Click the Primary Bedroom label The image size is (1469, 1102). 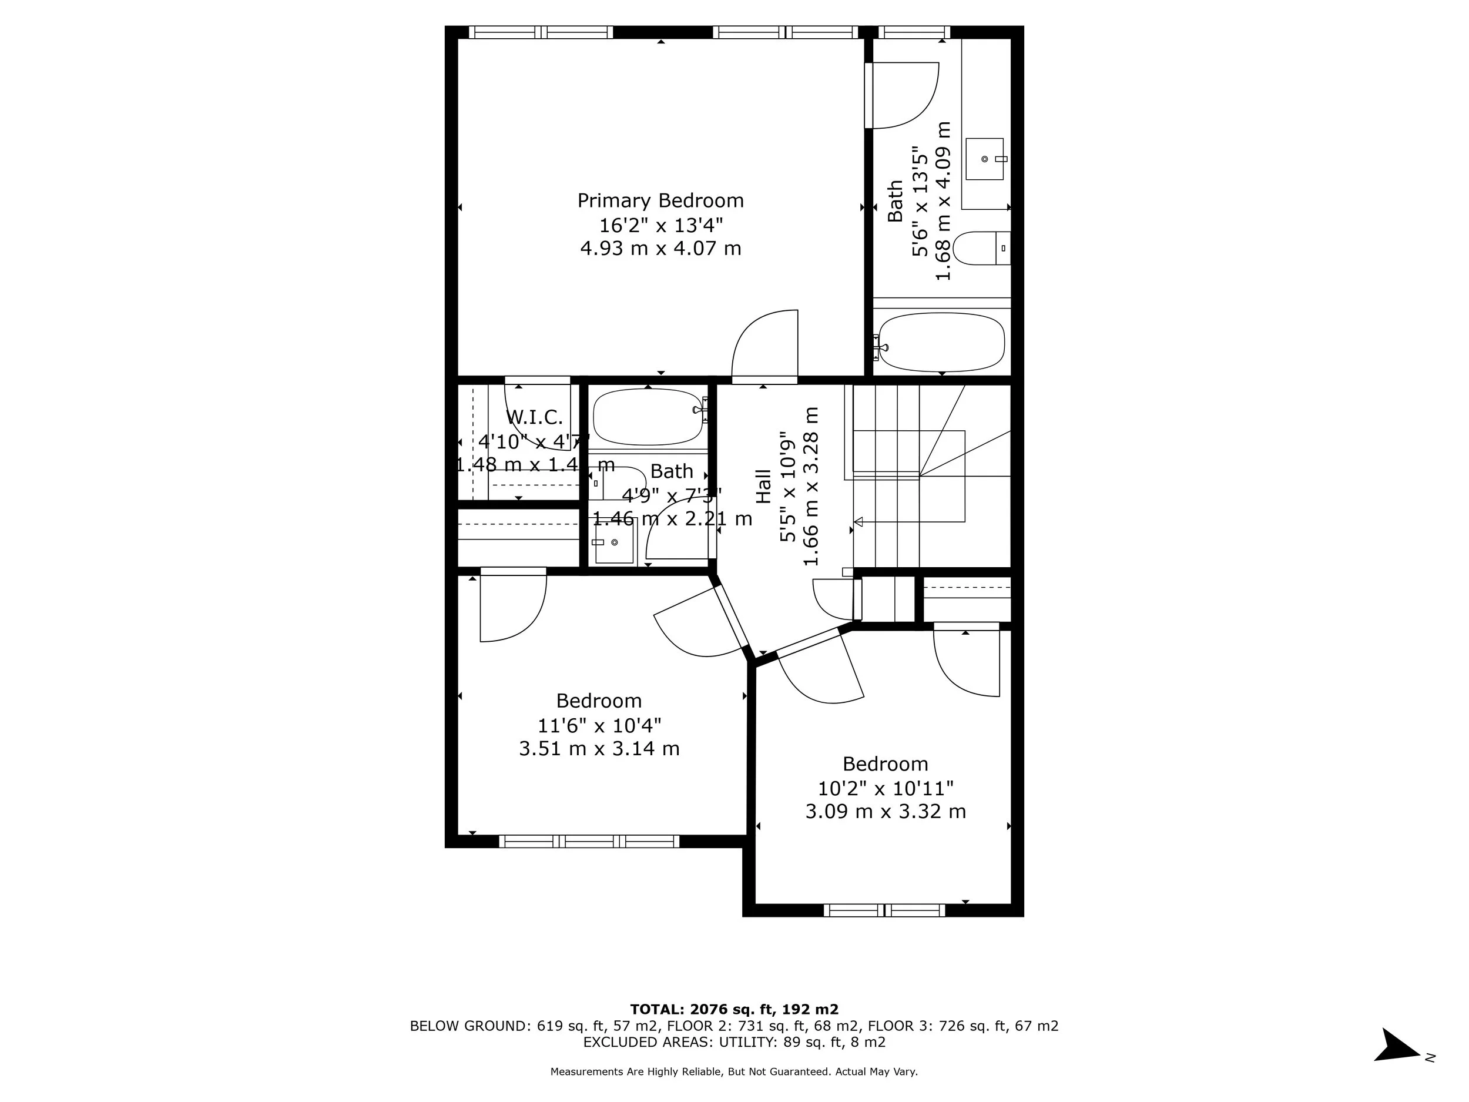[x=660, y=200]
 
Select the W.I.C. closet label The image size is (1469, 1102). [x=534, y=418]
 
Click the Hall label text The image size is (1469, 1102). [x=764, y=486]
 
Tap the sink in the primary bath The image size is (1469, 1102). [x=984, y=159]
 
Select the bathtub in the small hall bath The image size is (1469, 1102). [x=648, y=417]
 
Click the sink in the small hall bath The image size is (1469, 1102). [x=614, y=542]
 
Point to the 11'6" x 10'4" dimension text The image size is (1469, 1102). [x=599, y=725]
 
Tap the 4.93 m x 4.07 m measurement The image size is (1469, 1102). [x=660, y=249]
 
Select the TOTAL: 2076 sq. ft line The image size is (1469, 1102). [x=734, y=1010]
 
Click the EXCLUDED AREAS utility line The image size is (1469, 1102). [x=734, y=1041]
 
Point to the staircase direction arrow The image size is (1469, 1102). [x=858, y=521]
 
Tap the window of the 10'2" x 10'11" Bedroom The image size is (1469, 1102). [x=884, y=910]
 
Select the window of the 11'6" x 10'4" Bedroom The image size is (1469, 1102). [x=588, y=842]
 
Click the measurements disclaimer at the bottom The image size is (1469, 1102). [x=734, y=1071]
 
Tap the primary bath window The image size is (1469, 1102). [x=914, y=32]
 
